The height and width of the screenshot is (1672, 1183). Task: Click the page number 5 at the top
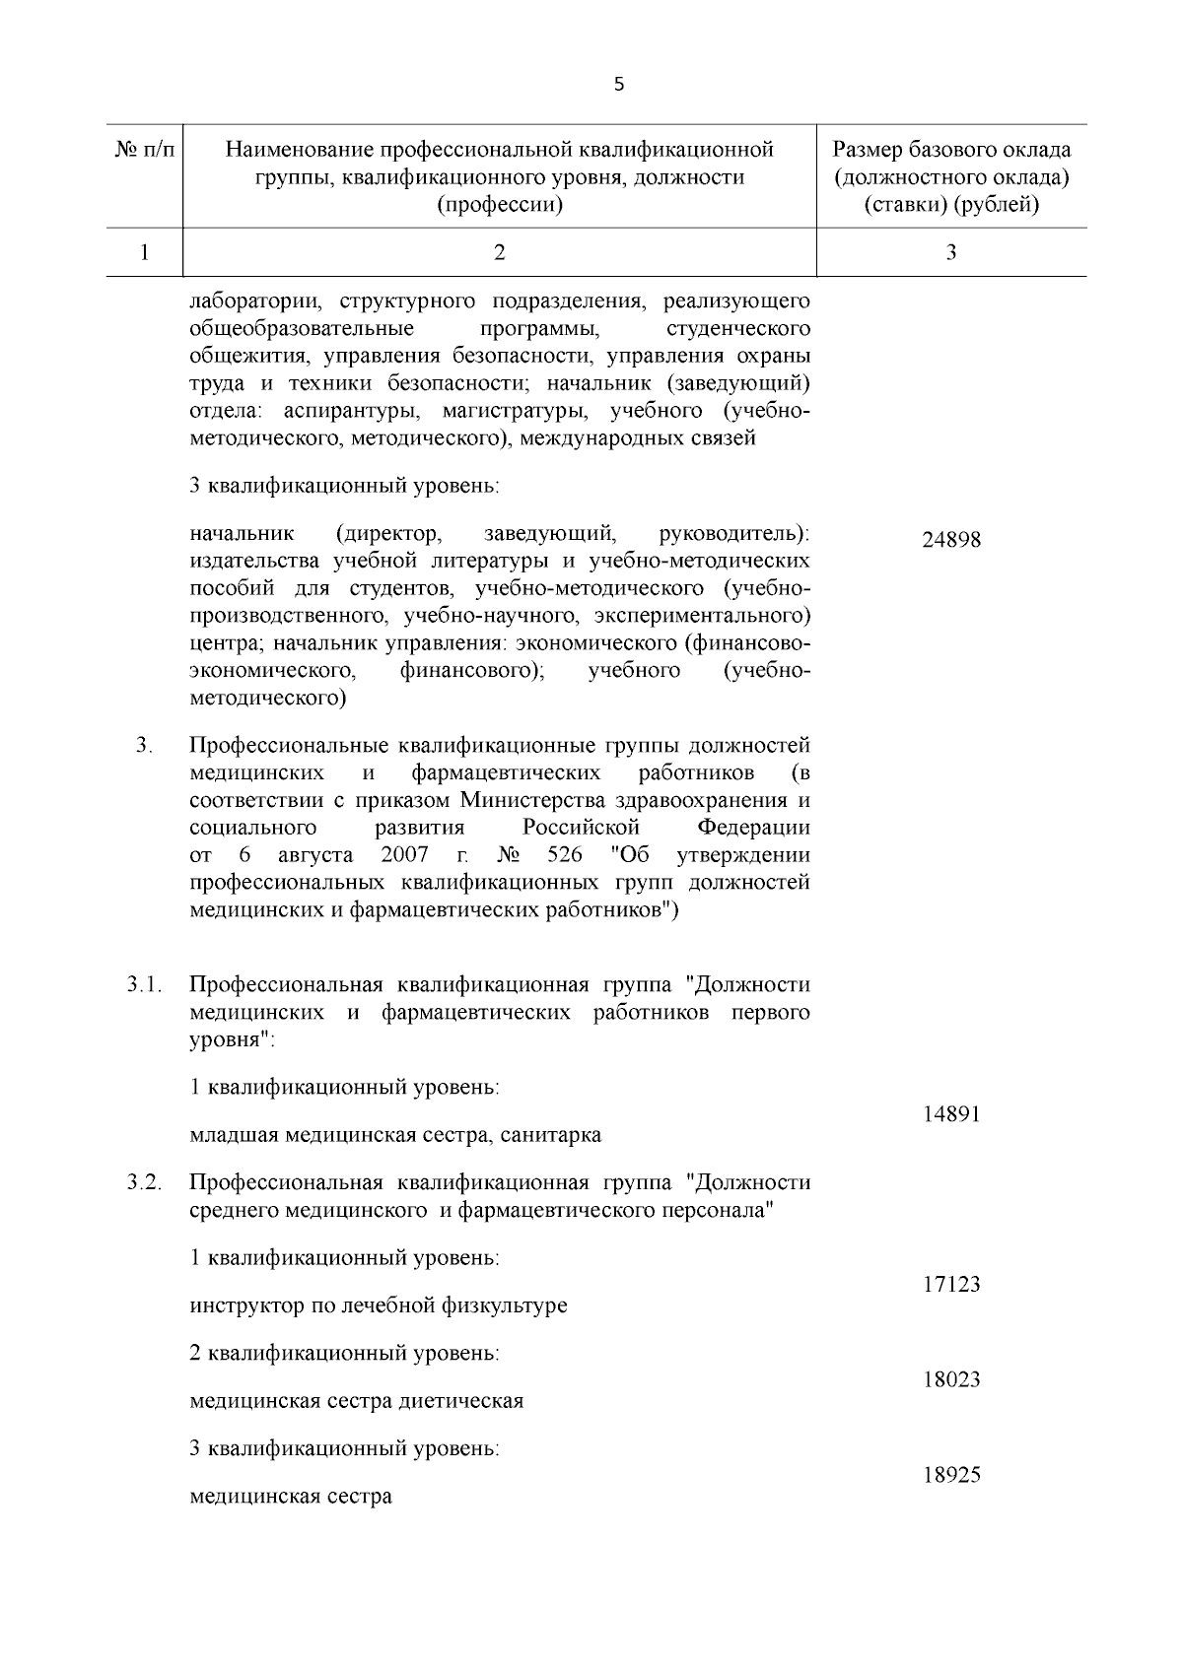coord(618,85)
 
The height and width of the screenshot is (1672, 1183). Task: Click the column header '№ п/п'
coord(144,151)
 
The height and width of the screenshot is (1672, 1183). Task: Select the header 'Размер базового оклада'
coord(951,151)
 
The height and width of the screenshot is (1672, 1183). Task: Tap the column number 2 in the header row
coord(500,253)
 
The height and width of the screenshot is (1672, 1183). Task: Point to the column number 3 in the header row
coord(951,253)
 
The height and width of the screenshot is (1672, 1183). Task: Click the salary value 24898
coord(951,541)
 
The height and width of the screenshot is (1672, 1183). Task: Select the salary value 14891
coord(951,1114)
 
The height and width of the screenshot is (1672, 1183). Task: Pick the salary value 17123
coord(951,1285)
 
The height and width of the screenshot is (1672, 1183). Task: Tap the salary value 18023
coord(951,1379)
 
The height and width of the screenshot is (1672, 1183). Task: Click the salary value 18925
coord(951,1476)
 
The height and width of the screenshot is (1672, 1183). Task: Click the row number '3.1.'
coord(144,984)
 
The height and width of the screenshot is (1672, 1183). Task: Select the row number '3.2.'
coord(144,1182)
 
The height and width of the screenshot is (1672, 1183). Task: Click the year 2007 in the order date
coord(404,853)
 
